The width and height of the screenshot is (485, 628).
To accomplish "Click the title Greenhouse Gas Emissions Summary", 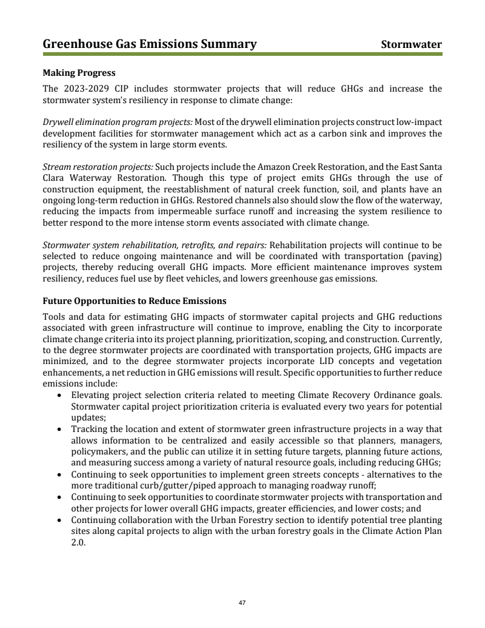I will click(x=150, y=44).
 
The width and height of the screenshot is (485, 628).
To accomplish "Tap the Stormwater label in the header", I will click(x=411, y=45).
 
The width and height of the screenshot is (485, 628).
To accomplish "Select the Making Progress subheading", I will click(x=79, y=73).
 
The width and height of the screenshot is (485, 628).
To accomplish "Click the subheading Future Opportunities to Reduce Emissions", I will click(x=135, y=301).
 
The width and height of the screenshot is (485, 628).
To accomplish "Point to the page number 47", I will click(x=242, y=603).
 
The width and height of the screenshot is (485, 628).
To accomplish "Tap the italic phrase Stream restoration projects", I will click(x=98, y=167).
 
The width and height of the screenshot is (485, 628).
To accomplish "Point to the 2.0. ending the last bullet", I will click(x=78, y=543).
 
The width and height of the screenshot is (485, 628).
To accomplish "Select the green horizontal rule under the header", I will click(x=242, y=54).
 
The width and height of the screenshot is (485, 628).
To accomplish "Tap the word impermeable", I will click(x=152, y=211).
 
